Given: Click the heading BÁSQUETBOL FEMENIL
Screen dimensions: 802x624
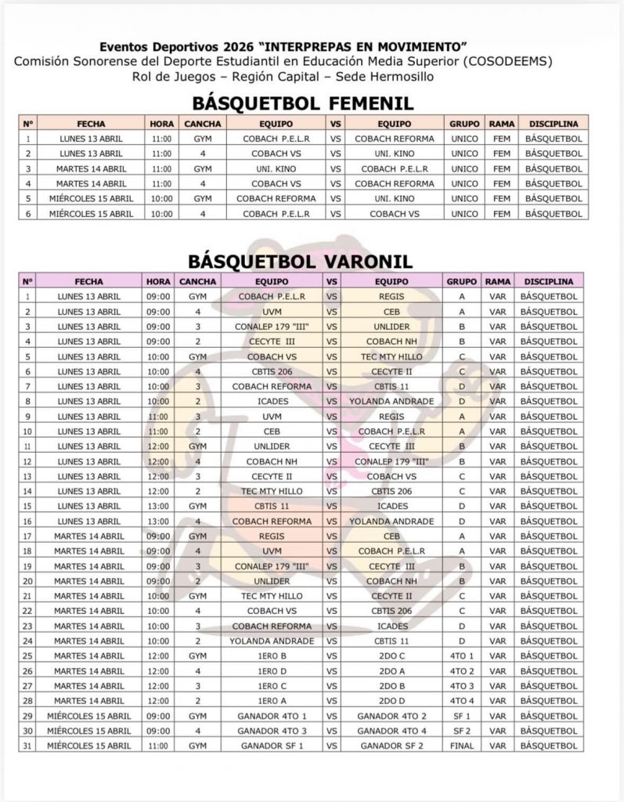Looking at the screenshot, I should (303, 103).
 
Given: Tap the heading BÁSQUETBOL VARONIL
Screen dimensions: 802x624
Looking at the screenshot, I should (301, 261).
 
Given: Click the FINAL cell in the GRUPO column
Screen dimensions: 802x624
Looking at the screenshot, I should (462, 746).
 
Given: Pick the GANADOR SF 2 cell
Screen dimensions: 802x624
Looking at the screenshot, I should (389, 746).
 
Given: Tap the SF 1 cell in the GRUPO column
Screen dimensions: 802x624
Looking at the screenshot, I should (462, 716).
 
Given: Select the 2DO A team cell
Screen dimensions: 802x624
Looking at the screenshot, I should (389, 670).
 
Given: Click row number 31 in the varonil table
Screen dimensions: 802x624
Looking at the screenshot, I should (28, 746).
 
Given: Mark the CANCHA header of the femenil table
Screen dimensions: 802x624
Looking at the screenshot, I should (202, 124).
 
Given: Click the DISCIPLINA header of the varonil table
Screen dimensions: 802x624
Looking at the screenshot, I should (549, 281).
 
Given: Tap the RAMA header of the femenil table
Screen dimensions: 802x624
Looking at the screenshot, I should (501, 124).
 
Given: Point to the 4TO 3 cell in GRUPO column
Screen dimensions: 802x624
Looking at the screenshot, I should (462, 685).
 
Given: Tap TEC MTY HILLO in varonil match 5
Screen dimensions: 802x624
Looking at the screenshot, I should (389, 356).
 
